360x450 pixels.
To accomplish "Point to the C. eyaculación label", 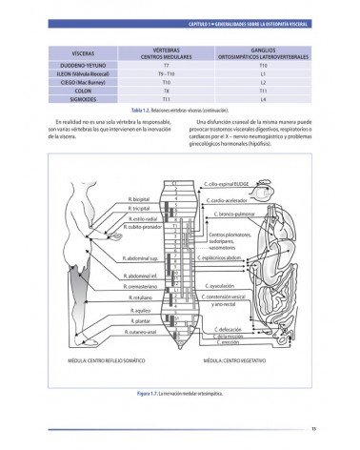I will (x=223, y=285).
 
